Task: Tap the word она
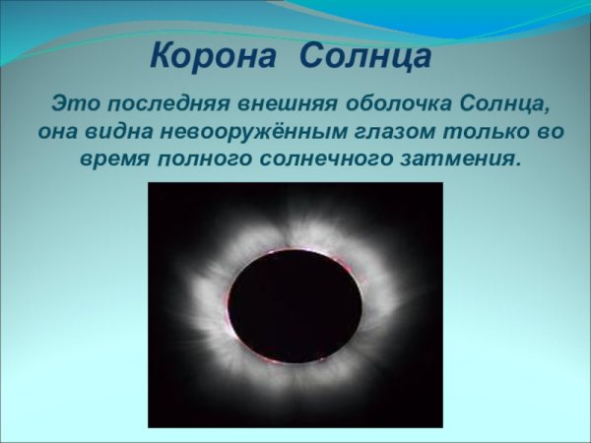tap(57, 131)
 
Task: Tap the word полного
tap(205, 158)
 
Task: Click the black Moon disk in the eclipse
tap(294, 304)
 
